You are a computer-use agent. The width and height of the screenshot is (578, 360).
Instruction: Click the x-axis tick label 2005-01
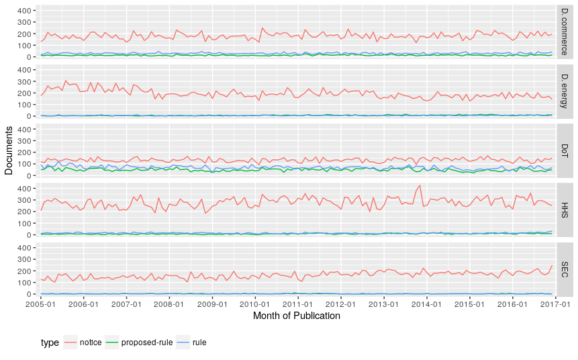coord(40,304)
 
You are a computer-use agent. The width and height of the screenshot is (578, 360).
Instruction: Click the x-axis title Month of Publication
coord(296,316)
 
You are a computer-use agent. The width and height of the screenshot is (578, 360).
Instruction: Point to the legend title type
coord(50,343)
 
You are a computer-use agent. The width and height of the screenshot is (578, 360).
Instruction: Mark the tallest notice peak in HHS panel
coord(420,185)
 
